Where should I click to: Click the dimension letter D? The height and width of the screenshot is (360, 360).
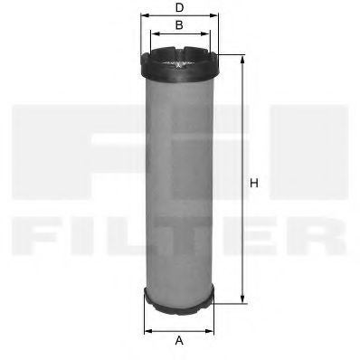[179, 8]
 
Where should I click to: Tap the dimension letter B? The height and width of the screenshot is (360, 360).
[179, 24]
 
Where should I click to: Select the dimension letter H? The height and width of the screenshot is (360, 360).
[254, 184]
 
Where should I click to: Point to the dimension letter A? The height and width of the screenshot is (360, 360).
[179, 340]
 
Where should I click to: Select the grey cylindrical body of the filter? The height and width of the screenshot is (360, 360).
[179, 181]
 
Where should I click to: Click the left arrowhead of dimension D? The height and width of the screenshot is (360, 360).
[142, 15]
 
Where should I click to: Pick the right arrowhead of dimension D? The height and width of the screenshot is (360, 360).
[217, 15]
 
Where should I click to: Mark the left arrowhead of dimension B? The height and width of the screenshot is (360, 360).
[151, 34]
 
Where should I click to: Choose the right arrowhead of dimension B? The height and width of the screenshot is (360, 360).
[208, 34]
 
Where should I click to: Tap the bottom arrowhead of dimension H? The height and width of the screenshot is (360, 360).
[242, 299]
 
